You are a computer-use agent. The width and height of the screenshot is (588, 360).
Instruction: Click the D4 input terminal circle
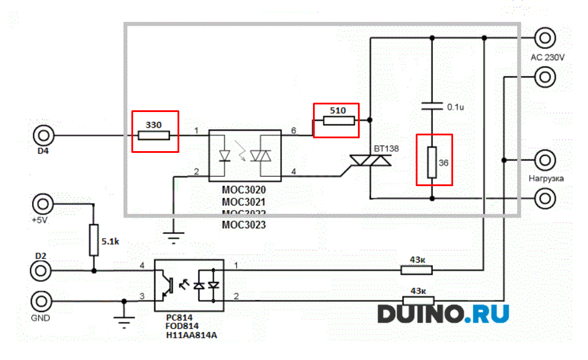[42, 136]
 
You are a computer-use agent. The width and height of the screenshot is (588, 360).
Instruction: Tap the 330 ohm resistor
[154, 136]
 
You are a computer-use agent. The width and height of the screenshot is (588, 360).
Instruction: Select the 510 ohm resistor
[339, 121]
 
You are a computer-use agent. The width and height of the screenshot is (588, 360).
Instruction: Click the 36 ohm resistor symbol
[432, 163]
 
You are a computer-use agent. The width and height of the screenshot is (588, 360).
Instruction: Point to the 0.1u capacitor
[432, 107]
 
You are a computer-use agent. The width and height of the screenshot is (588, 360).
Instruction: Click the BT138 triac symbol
[370, 161]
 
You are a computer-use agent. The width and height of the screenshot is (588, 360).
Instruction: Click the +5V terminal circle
[42, 204]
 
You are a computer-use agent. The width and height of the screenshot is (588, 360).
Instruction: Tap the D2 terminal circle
[42, 271]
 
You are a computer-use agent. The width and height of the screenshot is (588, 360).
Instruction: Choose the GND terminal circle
[42, 302]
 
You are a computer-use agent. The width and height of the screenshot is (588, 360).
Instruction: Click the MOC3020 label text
[243, 190]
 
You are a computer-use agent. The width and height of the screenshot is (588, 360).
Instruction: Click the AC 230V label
[547, 57]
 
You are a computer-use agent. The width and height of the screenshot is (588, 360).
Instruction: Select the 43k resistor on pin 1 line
[416, 270]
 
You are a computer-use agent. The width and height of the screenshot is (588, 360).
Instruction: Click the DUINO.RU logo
[443, 313]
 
